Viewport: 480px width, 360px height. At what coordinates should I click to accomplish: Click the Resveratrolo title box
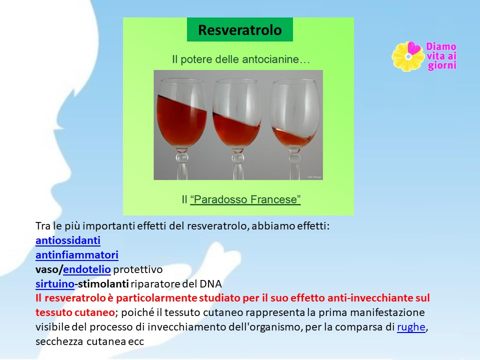pos(239,29)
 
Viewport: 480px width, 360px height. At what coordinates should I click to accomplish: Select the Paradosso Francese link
pos(245,199)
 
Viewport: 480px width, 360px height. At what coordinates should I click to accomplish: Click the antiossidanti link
pos(68,240)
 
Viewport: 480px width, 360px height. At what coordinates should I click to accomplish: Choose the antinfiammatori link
pos(77,255)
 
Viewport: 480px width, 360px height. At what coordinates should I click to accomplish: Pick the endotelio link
pos(87,269)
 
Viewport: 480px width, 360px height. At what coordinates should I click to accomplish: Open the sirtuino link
pos(55,284)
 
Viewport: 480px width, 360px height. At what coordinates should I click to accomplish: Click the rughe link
pos(411,327)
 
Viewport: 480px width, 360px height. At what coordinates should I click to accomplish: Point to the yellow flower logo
pos(408,56)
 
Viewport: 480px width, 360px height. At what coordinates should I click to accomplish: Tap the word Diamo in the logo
pos(441,46)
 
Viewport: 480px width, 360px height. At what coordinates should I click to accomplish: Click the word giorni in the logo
pos(442,65)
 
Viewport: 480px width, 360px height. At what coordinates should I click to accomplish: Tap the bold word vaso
pos(48,269)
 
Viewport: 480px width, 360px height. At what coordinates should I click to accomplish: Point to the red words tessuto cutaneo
pos(75,312)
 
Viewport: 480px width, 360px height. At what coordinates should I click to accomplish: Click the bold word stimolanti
pos(103,284)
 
